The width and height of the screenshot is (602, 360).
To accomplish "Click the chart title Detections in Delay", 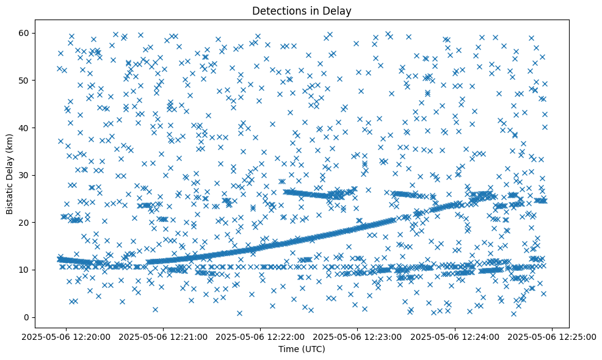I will pos(302,11).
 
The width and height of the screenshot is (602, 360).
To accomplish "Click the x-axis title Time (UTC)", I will pos(302,349).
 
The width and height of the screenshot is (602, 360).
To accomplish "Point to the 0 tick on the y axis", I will pos(27,317).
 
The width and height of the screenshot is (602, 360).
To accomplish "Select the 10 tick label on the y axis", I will pos(24,270).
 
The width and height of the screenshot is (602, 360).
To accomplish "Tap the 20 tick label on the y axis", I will pos(24,222).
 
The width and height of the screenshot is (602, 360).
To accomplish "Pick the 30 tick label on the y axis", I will pos(24,175).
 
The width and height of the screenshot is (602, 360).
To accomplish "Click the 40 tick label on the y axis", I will pos(24,128).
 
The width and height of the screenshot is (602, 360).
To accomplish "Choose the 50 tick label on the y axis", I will pos(24,80).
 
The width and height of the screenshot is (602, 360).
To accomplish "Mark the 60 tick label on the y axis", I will pos(24,33).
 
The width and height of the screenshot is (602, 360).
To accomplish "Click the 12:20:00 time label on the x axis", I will pos(67,336).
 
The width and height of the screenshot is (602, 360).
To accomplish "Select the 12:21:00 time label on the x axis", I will pos(164,336).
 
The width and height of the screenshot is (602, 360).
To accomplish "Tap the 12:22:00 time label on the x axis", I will pos(261,336).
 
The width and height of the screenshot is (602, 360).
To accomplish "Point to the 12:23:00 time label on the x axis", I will pos(358,336).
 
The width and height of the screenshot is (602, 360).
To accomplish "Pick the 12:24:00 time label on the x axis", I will pos(455,336).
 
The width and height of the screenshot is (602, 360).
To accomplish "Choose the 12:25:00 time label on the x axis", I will pos(552,336).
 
